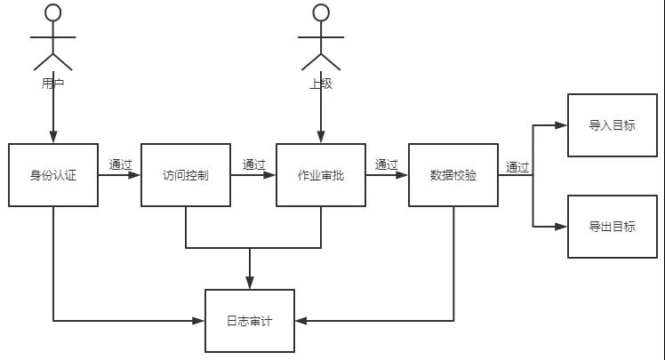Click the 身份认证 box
click(x=53, y=175)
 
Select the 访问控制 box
click(x=186, y=175)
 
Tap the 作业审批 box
click(x=320, y=175)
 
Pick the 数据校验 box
click(x=453, y=175)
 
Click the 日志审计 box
click(x=249, y=321)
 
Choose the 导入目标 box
click(x=612, y=125)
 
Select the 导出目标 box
click(x=612, y=227)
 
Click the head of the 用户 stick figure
click(x=53, y=12)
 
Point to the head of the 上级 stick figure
click(x=320, y=12)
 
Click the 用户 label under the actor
click(x=53, y=84)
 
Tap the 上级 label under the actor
click(x=320, y=84)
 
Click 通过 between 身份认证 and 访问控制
click(x=120, y=164)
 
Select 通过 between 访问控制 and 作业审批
click(x=253, y=164)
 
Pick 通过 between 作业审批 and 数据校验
click(x=386, y=164)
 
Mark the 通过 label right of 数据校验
click(x=517, y=166)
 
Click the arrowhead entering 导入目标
click(x=562, y=125)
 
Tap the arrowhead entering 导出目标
click(x=562, y=227)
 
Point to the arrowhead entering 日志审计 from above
click(x=249, y=284)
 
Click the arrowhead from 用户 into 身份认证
click(x=53, y=138)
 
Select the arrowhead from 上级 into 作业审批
click(x=320, y=138)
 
